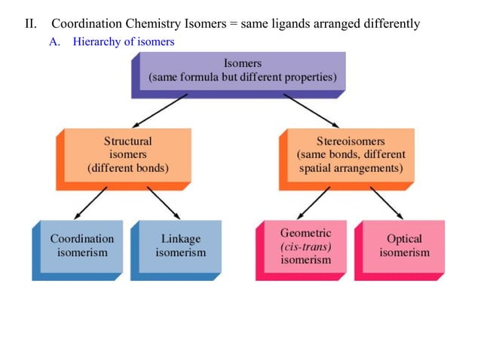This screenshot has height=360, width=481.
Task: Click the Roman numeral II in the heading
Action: coord(30,23)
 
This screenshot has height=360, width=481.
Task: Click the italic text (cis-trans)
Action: coord(305,246)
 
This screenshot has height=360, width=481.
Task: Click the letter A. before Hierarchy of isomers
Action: coord(54,41)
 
